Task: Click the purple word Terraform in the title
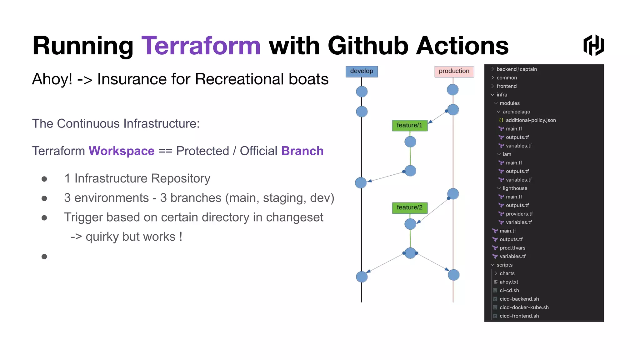pos(201,46)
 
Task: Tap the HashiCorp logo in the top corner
pos(593,46)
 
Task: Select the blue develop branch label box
pos(362,71)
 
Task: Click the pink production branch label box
pos(454,71)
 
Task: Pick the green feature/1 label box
pos(409,125)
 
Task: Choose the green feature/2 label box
pos(409,207)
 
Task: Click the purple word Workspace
pos(122,151)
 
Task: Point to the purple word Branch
pos(302,151)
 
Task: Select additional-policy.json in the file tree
pos(530,120)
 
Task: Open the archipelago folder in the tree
pos(516,112)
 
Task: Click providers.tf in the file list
pos(519,214)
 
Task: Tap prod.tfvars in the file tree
pos(512,248)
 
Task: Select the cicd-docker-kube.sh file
pos(524,307)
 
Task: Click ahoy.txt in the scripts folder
pos(508,282)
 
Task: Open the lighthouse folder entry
pos(515,188)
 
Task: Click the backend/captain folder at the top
pos(516,69)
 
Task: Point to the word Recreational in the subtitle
pos(239,79)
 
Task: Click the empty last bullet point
pos(44,257)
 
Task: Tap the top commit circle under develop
pos(362,92)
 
